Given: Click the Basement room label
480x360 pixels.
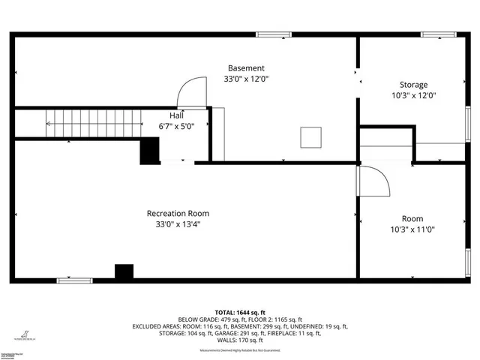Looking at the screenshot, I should click(246, 67).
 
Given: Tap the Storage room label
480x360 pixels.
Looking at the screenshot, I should click(412, 85).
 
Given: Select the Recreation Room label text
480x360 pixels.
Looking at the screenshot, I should click(178, 213).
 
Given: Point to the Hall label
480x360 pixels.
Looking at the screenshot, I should click(176, 115).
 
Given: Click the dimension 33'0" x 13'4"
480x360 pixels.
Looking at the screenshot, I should click(178, 223).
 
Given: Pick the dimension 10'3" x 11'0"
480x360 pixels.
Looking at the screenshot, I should click(412, 229).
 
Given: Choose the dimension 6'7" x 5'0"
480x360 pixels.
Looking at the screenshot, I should click(176, 126).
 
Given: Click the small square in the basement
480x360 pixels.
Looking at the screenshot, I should click(310, 137).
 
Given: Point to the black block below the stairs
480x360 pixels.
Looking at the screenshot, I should click(151, 152).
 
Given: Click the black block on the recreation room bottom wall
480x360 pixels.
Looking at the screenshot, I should click(124, 272).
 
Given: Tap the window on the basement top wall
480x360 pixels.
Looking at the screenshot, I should click(274, 34).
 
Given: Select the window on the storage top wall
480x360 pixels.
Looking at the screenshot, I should click(439, 34).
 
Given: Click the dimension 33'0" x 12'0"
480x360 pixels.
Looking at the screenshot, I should click(246, 78).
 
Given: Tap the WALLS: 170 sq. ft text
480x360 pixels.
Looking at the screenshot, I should click(240, 341).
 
